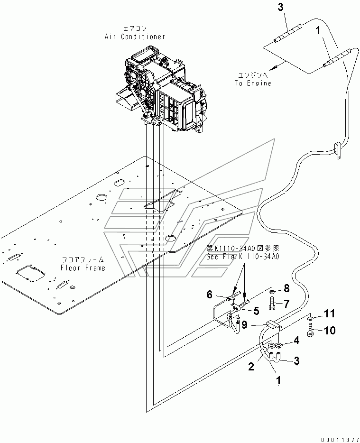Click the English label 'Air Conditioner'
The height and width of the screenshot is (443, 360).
135,37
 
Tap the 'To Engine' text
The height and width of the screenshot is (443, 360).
253,83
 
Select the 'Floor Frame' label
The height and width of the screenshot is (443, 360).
83,268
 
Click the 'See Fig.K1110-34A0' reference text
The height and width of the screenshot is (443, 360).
243,258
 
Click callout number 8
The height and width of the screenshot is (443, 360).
286,288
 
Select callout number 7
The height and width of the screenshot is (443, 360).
286,304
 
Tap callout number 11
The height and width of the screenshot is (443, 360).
329,314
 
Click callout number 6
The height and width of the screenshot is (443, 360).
209,295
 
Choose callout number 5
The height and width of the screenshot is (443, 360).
256,311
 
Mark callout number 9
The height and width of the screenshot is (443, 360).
245,325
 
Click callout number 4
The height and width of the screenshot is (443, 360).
296,341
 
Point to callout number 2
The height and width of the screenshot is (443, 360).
251,367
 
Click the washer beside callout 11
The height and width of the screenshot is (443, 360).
311,318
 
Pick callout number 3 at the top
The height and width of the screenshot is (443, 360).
280,7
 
